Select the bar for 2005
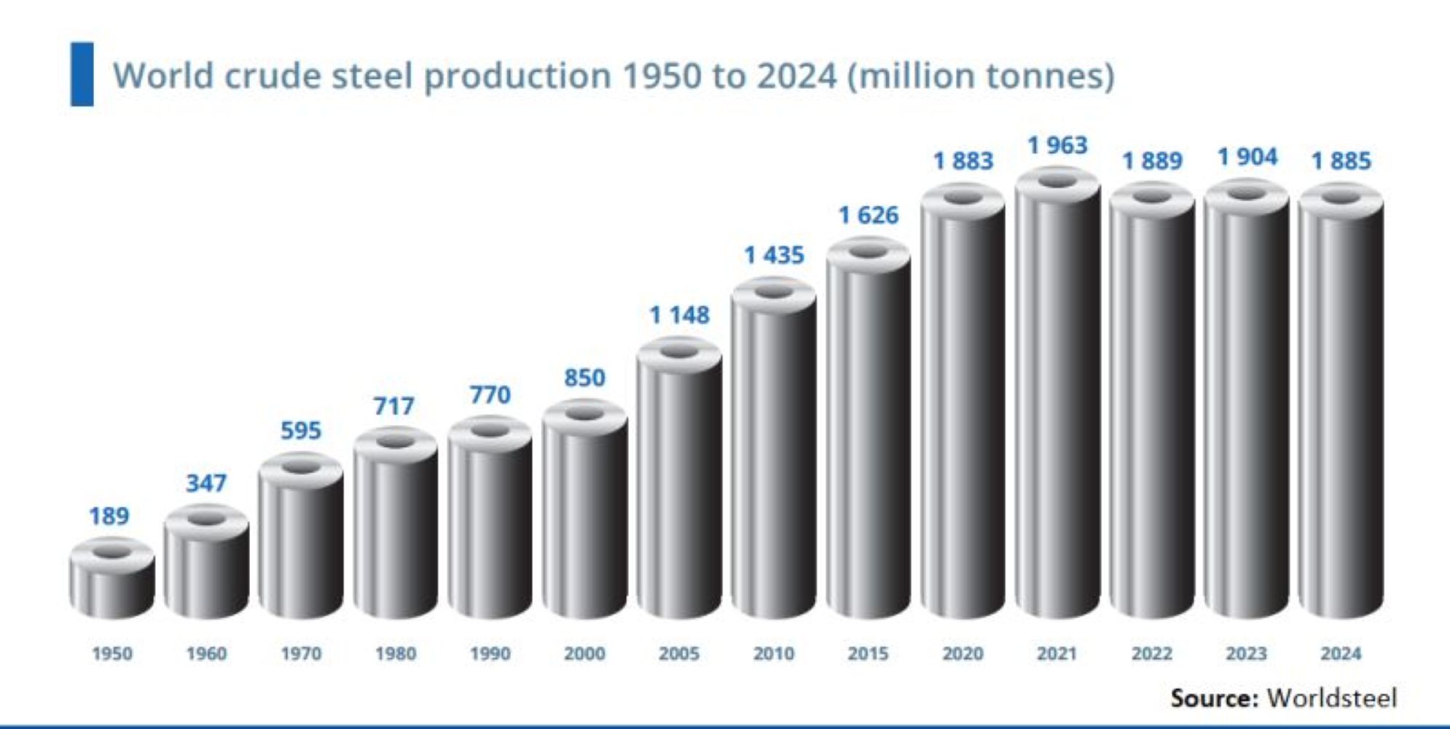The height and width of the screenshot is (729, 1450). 679,481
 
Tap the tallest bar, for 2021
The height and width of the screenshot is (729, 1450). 1057,394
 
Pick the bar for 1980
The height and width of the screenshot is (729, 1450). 395,525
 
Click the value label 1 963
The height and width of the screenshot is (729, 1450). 1057,145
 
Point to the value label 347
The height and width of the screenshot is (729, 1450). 206,483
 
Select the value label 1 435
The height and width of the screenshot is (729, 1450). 774,254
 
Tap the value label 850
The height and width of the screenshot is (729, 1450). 584,378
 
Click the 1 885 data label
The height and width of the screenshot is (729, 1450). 1341,160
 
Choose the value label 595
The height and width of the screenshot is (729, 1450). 301,430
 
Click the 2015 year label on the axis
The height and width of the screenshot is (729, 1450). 868,653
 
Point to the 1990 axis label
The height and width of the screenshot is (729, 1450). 490,653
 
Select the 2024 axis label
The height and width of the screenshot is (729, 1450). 1341,653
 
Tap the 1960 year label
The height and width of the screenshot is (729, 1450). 206,653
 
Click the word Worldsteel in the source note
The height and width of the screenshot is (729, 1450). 1332,698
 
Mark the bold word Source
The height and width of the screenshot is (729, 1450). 1214,698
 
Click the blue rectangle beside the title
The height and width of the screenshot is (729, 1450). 82,74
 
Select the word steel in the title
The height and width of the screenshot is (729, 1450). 372,76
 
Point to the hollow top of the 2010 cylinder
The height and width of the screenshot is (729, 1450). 774,292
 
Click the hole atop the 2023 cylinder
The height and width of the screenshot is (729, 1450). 1247,194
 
